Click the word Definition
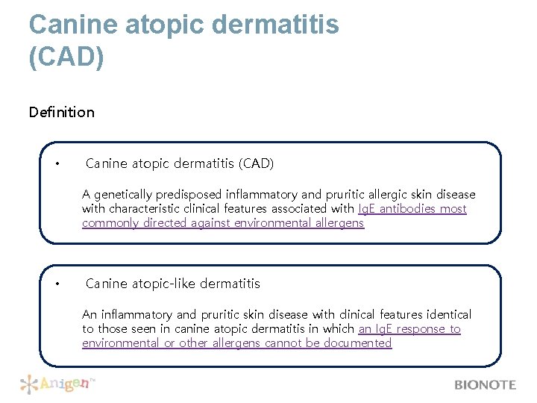[x=62, y=112]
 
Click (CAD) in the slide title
[x=66, y=57]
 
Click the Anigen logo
[x=58, y=384]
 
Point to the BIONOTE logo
[x=485, y=385]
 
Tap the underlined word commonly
[x=109, y=223]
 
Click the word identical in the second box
[x=447, y=315]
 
